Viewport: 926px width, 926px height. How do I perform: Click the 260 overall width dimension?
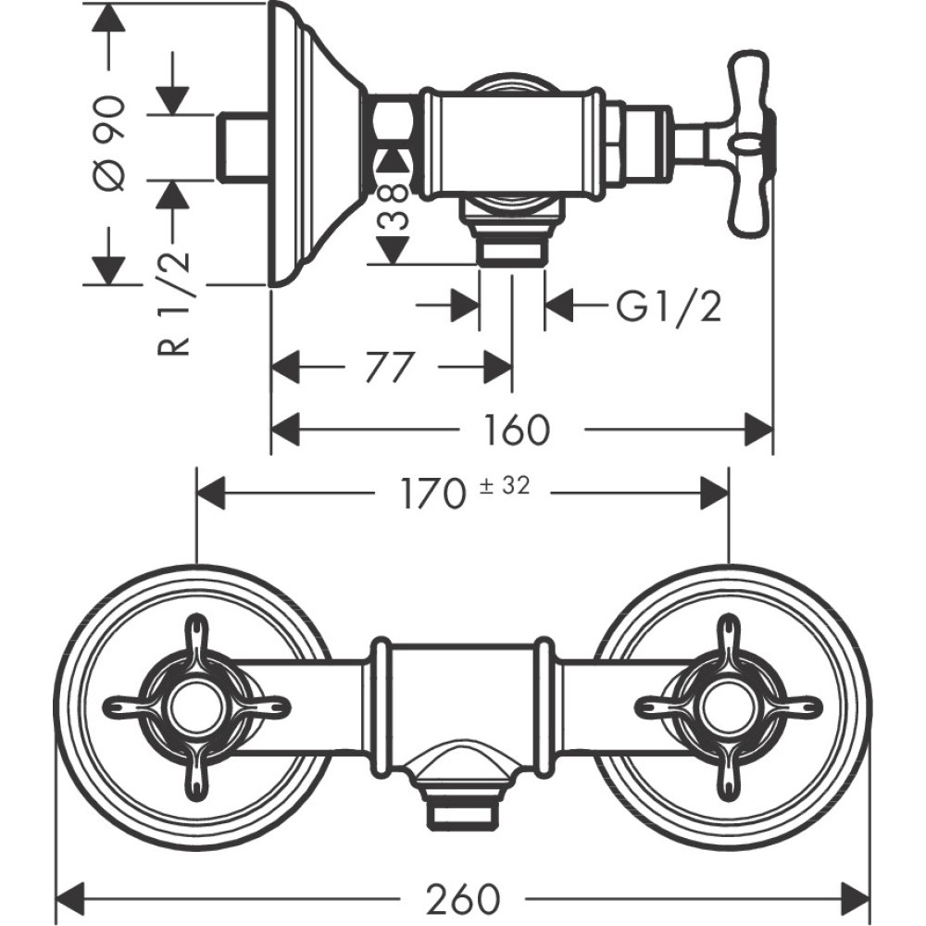pyautogui.click(x=463, y=897)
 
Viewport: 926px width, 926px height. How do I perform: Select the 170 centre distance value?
pyautogui.click(x=432, y=493)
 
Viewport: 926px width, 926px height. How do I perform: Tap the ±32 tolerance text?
pyautogui.click(x=505, y=485)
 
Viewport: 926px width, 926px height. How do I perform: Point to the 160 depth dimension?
pyautogui.click(x=516, y=429)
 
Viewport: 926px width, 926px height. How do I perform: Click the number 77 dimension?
pyautogui.click(x=387, y=368)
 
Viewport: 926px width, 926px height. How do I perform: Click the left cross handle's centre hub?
pyautogui.click(x=195, y=707)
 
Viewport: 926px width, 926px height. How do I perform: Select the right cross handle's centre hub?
pyautogui.click(x=729, y=707)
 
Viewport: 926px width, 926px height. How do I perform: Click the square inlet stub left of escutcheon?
pyautogui.click(x=242, y=145)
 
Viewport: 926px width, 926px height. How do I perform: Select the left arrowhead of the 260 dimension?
pyautogui.click(x=72, y=897)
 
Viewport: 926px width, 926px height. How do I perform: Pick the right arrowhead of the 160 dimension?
pyautogui.click(x=758, y=429)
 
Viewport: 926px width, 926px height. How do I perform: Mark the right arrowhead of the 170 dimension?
pyautogui.click(x=714, y=493)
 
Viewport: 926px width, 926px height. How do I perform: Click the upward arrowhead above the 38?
pyautogui.click(x=394, y=159)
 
